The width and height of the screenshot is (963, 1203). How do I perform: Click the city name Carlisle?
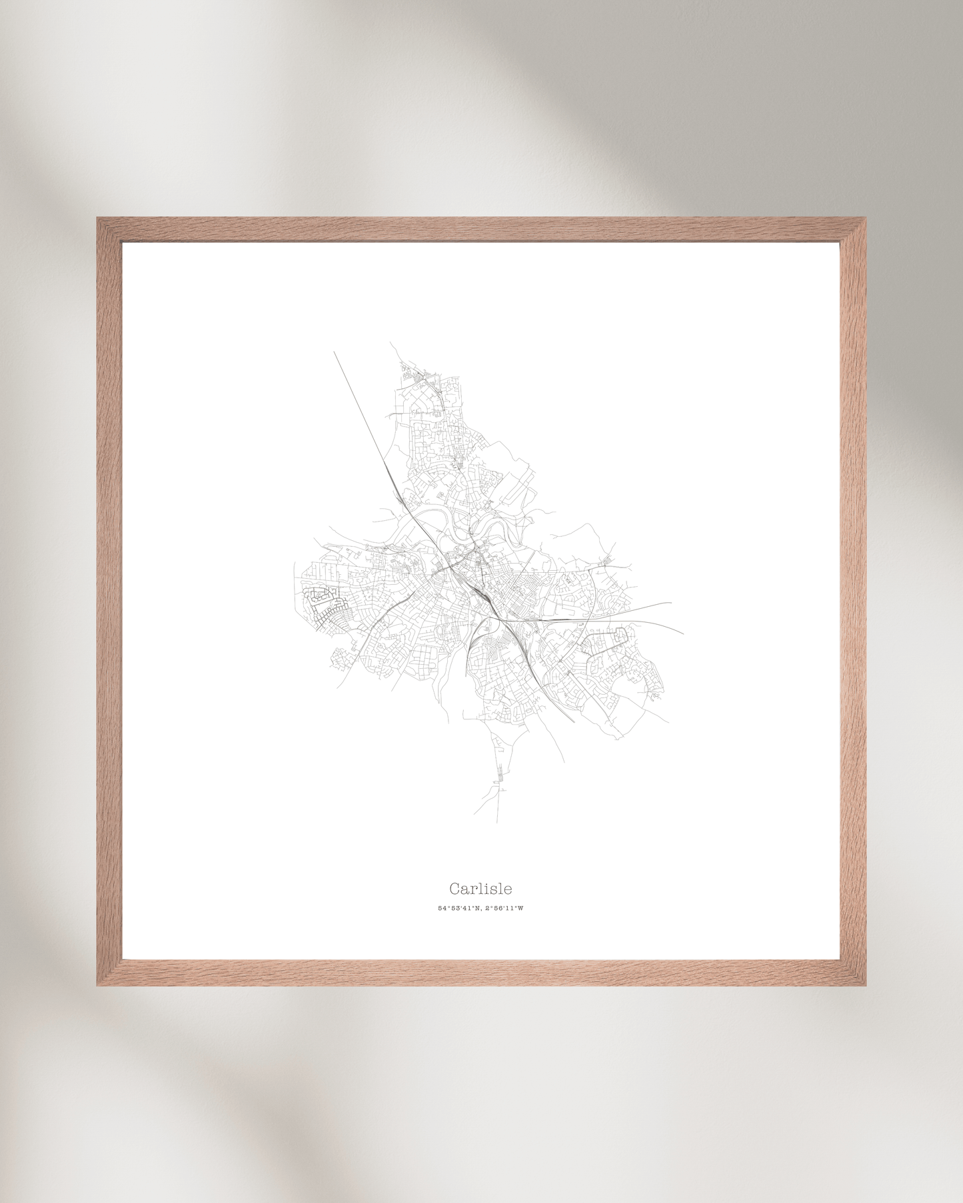(481, 889)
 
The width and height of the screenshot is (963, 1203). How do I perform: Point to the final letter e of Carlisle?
(508, 890)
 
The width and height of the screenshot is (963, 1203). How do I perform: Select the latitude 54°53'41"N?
(459, 909)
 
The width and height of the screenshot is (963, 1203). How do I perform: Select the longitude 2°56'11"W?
(504, 909)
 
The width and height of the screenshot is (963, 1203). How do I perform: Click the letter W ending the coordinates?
(521, 909)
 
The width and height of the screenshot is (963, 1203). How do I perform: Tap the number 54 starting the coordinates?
(441, 909)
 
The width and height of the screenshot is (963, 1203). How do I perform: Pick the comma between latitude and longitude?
(481, 910)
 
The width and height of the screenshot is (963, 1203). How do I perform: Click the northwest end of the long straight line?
(334, 352)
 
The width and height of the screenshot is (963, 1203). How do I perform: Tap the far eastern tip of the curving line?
(683, 633)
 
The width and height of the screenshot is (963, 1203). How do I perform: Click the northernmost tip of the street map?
(391, 344)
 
